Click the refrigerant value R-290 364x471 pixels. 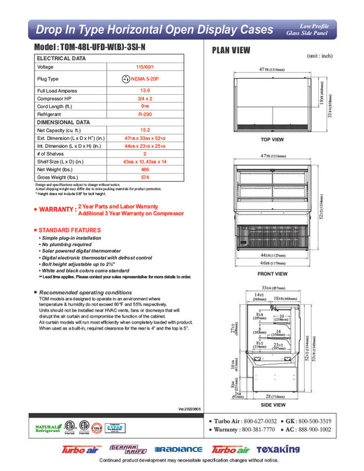144,114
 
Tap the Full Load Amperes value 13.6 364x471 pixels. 144,90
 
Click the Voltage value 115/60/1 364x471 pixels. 144,67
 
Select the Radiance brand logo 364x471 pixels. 178,449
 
